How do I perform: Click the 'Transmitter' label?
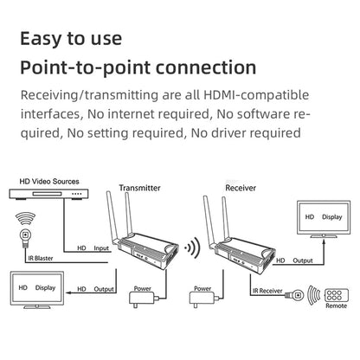[x=139, y=188]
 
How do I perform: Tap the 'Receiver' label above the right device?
[x=241, y=188]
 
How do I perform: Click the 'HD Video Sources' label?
[x=49, y=182]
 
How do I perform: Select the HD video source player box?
[x=48, y=194]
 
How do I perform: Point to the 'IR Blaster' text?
[x=41, y=259]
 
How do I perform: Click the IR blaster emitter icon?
[x=26, y=235]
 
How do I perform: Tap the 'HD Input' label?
[x=93, y=248]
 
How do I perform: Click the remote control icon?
[x=337, y=295]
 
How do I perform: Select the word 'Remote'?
[x=337, y=305]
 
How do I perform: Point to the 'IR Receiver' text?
[x=267, y=291]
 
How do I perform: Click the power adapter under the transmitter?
[x=143, y=298]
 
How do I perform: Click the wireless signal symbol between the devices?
[x=193, y=247]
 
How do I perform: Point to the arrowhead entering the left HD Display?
[x=68, y=293]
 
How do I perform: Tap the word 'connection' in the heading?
[x=206, y=67]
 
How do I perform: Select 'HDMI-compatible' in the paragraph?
[x=256, y=95]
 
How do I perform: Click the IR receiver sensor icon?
[x=295, y=295]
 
